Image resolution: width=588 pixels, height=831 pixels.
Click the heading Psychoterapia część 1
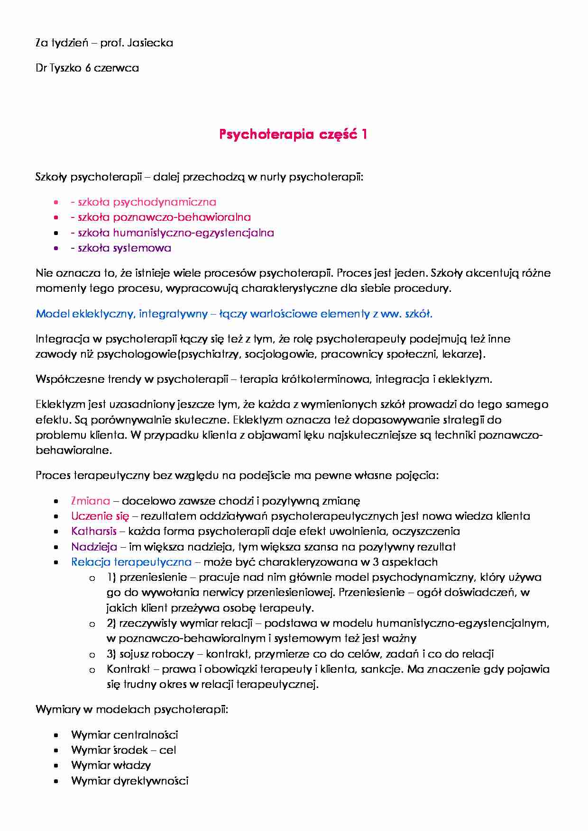(293, 135)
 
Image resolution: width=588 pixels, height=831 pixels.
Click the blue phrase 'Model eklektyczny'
(85, 314)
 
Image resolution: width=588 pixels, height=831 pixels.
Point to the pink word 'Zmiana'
(90, 501)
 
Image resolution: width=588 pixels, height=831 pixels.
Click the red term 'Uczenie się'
(100, 516)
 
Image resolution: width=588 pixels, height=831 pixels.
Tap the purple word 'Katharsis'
(93, 532)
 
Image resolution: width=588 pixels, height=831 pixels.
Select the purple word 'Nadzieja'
(94, 547)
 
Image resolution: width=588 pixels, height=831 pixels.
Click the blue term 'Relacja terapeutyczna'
(131, 562)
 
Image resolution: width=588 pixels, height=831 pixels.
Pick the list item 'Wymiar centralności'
(124, 735)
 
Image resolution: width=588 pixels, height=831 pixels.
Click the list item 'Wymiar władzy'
(110, 766)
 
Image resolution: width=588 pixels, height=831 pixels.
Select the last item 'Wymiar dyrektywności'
(129, 781)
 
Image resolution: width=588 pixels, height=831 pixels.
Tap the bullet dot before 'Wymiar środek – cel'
(56, 750)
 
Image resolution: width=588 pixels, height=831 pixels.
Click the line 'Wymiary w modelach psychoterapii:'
(132, 710)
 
